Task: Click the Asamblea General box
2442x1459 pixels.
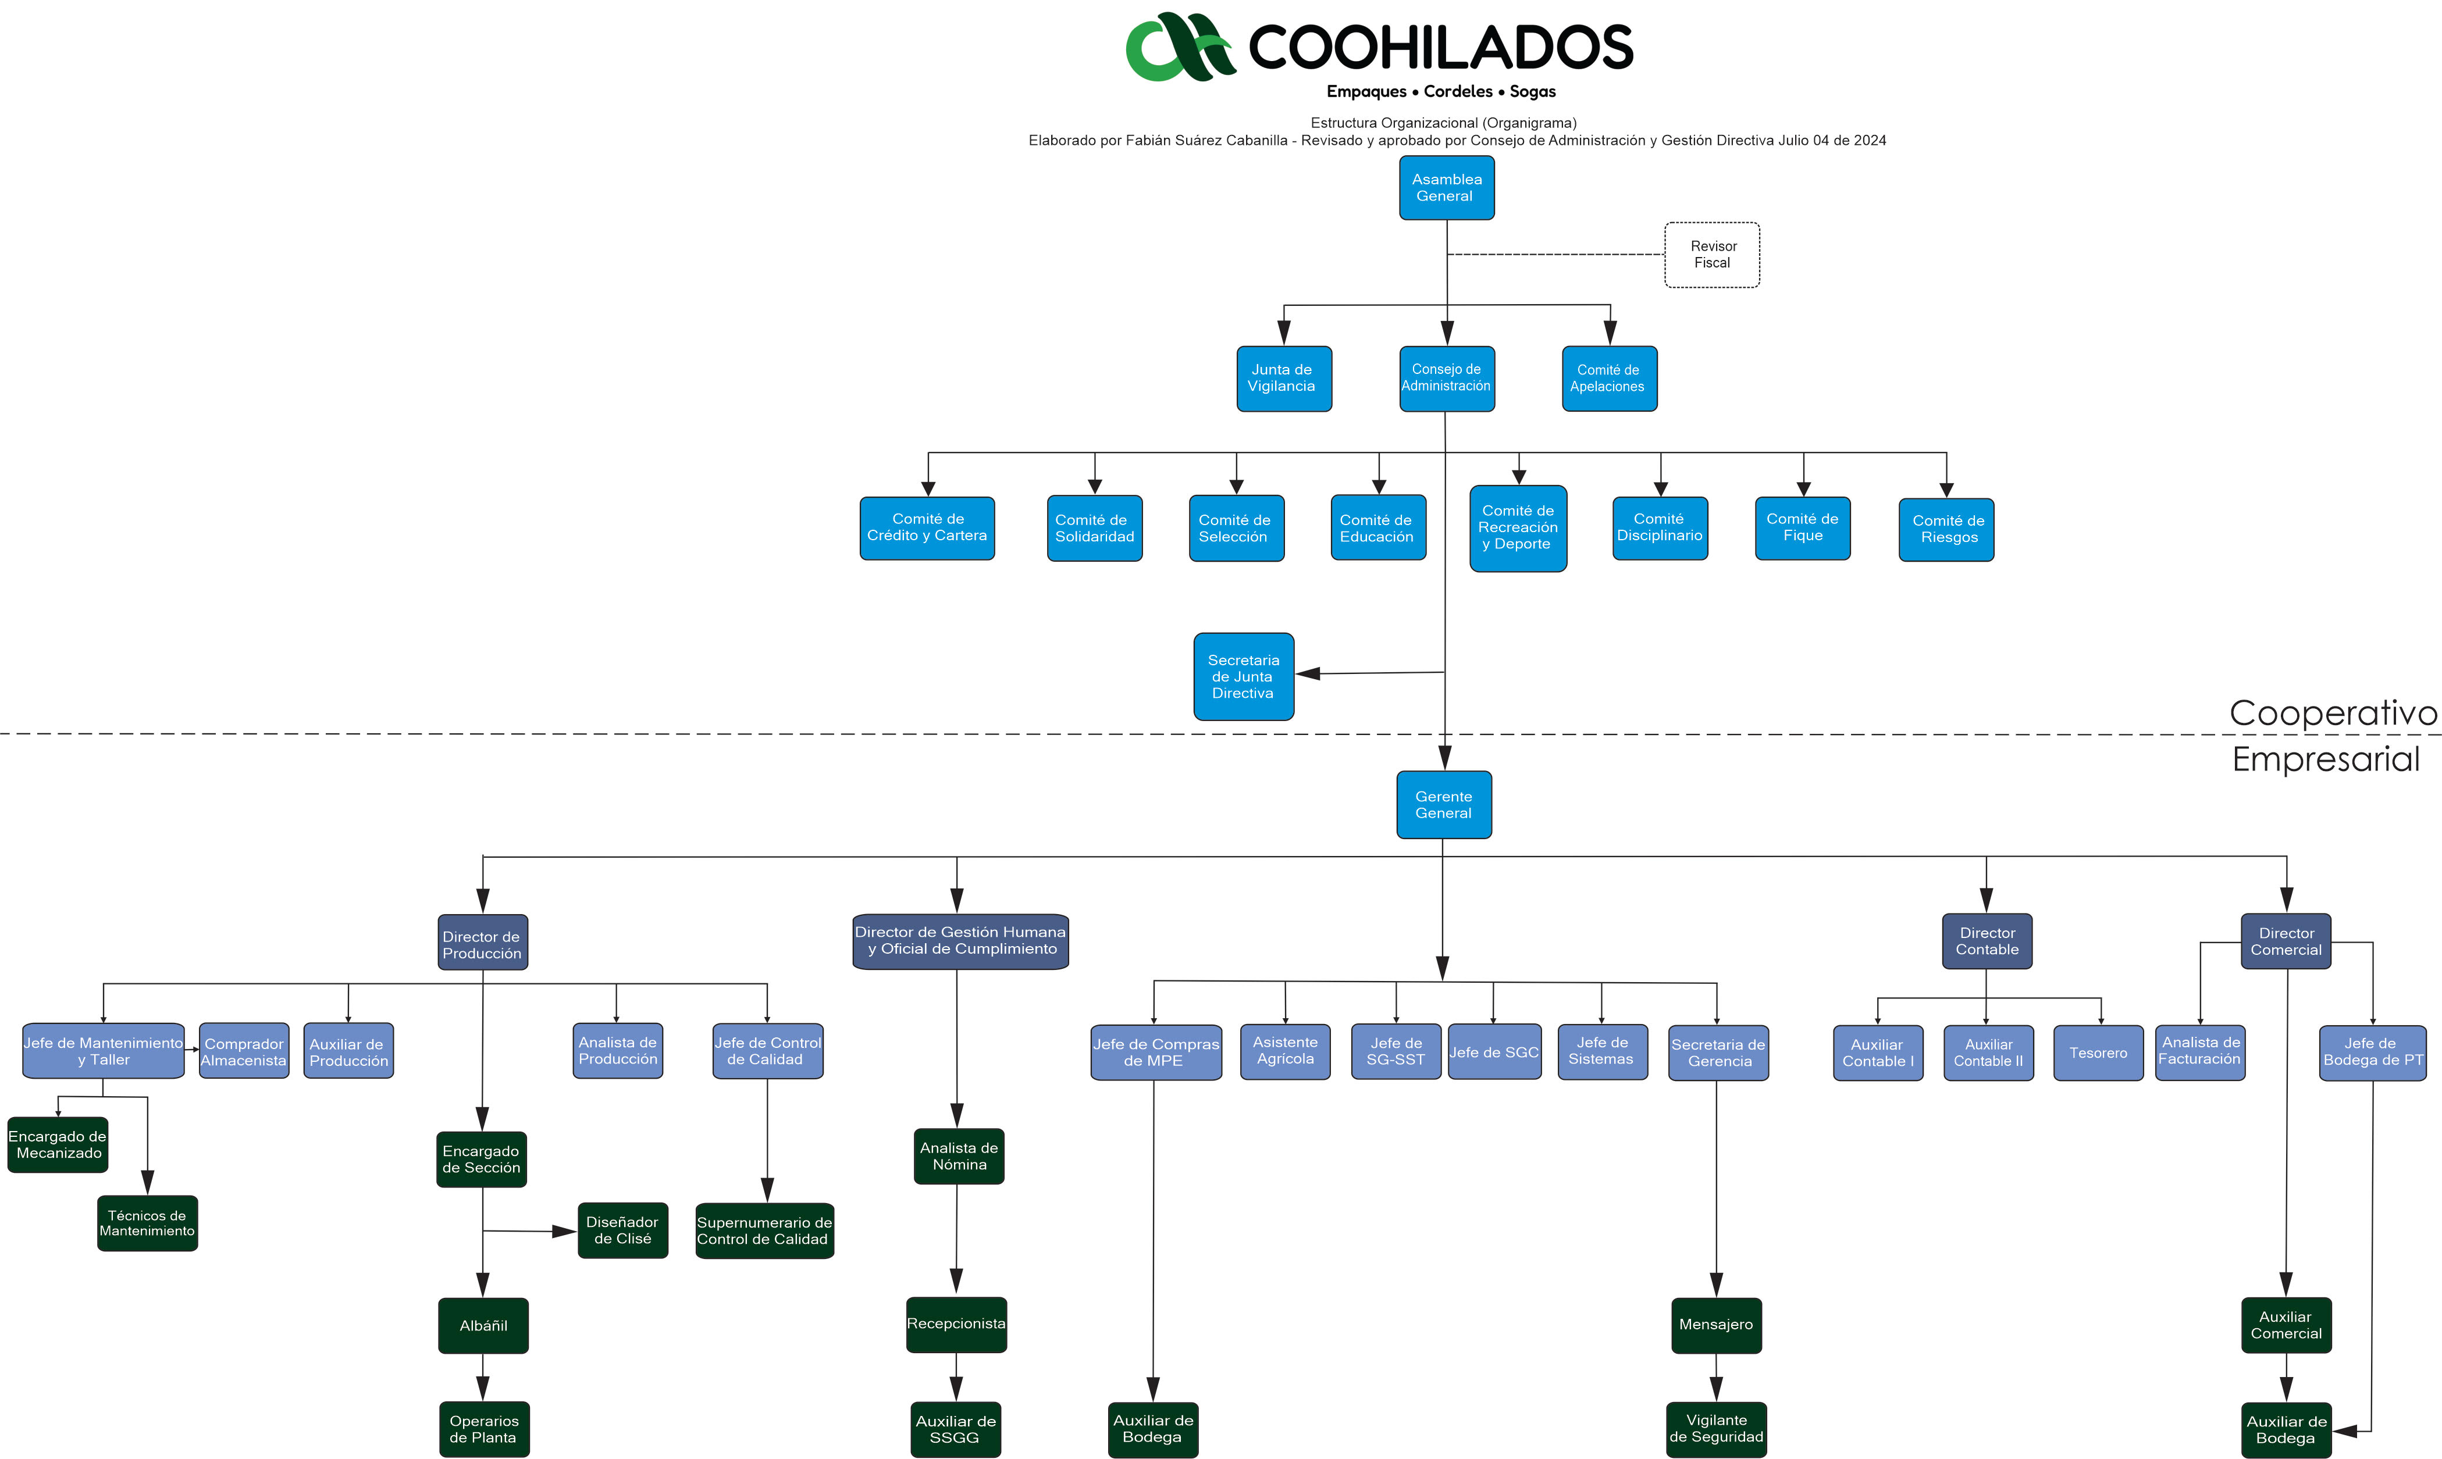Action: point(1446,188)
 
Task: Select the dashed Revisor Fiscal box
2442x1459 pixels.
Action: point(1711,255)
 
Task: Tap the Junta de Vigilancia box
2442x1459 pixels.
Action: point(1283,379)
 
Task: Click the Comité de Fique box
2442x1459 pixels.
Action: point(1802,528)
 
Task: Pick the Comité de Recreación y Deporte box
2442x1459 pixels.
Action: point(1518,528)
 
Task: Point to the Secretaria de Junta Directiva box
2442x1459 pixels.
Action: point(1243,676)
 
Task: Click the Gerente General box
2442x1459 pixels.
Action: point(1443,804)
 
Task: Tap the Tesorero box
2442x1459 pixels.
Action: point(2098,1053)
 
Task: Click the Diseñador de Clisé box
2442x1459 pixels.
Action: point(622,1230)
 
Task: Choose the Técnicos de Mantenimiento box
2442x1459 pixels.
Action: point(148,1223)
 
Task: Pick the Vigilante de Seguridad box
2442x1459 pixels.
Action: point(1715,1429)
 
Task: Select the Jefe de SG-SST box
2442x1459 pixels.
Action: point(1396,1051)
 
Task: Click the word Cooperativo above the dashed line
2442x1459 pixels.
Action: point(2332,713)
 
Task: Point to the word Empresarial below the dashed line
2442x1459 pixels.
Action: point(2325,759)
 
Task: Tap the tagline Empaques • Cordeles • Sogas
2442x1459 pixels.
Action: point(1441,91)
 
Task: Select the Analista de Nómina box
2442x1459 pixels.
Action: point(959,1156)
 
